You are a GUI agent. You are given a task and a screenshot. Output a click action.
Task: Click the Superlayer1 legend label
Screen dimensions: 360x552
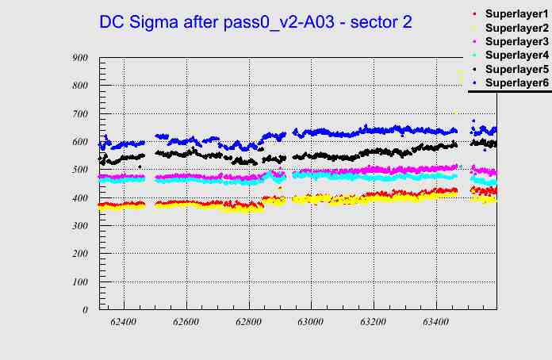[x=516, y=15]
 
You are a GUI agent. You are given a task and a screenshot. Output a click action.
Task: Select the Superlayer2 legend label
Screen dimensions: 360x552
[x=516, y=29]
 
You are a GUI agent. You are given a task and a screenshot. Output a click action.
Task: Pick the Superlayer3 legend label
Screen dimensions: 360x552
[x=516, y=41]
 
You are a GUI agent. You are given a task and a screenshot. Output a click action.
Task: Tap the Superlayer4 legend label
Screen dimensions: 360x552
[x=516, y=56]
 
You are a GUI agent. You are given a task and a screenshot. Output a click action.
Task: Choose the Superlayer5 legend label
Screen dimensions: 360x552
[x=516, y=69]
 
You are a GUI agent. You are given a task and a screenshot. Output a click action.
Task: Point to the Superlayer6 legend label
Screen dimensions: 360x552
[x=516, y=82]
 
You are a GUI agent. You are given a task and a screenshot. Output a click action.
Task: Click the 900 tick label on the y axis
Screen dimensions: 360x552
[x=79, y=58]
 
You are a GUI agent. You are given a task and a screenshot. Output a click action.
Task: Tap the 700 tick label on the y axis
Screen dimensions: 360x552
[x=79, y=114]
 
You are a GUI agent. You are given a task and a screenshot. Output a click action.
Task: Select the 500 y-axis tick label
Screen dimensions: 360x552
[x=79, y=170]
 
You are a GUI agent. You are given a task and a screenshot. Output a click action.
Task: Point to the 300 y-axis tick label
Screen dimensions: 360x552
[x=79, y=226]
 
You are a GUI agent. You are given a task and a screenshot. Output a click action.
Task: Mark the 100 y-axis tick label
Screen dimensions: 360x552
[x=79, y=282]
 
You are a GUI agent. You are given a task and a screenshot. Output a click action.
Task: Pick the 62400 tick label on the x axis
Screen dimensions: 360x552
[x=124, y=323]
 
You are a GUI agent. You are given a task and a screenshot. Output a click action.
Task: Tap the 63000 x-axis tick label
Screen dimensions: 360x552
[x=310, y=323]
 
